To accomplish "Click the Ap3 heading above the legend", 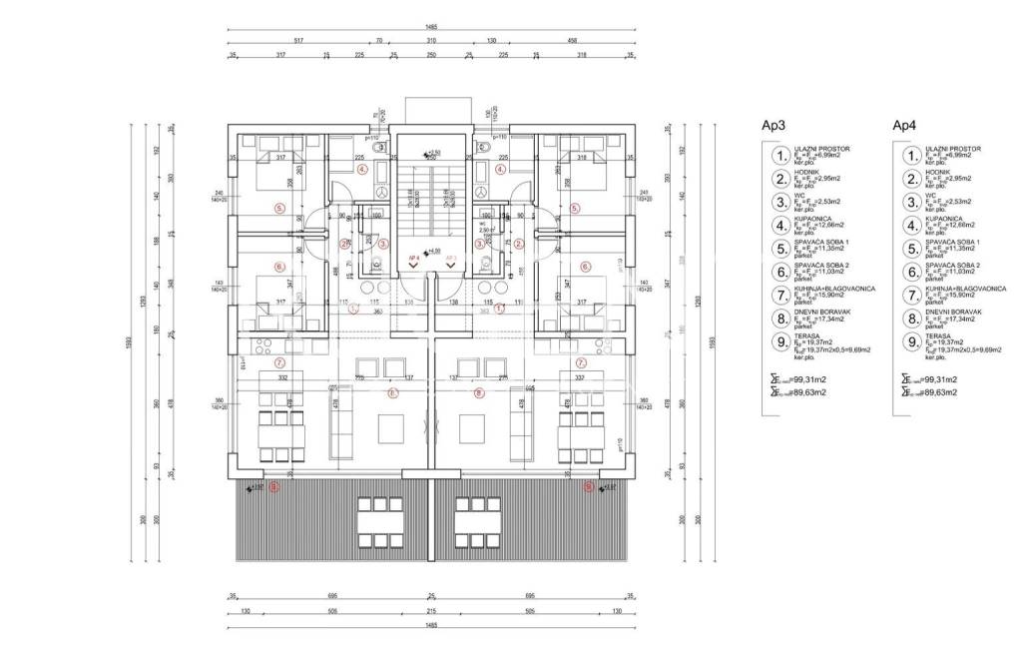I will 773,126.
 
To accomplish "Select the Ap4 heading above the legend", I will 904,126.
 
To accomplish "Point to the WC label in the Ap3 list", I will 799,195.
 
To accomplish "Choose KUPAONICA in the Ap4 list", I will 945,218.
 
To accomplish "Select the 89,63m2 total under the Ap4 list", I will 940,392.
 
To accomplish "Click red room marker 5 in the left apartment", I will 280,208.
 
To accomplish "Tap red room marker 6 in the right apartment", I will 588,268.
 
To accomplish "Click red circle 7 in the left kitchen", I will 279,362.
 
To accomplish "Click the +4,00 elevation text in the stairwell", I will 433,251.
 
